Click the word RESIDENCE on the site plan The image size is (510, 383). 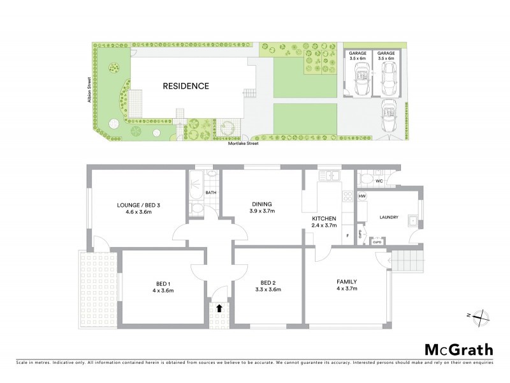(186, 86)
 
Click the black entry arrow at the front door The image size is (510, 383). (219, 308)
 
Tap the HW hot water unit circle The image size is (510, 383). (362, 196)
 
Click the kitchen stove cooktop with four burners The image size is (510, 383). (348, 197)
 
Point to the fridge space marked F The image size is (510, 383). (347, 236)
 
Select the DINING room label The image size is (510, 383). (261, 204)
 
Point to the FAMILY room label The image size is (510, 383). (347, 282)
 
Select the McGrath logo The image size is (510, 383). (458, 349)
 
